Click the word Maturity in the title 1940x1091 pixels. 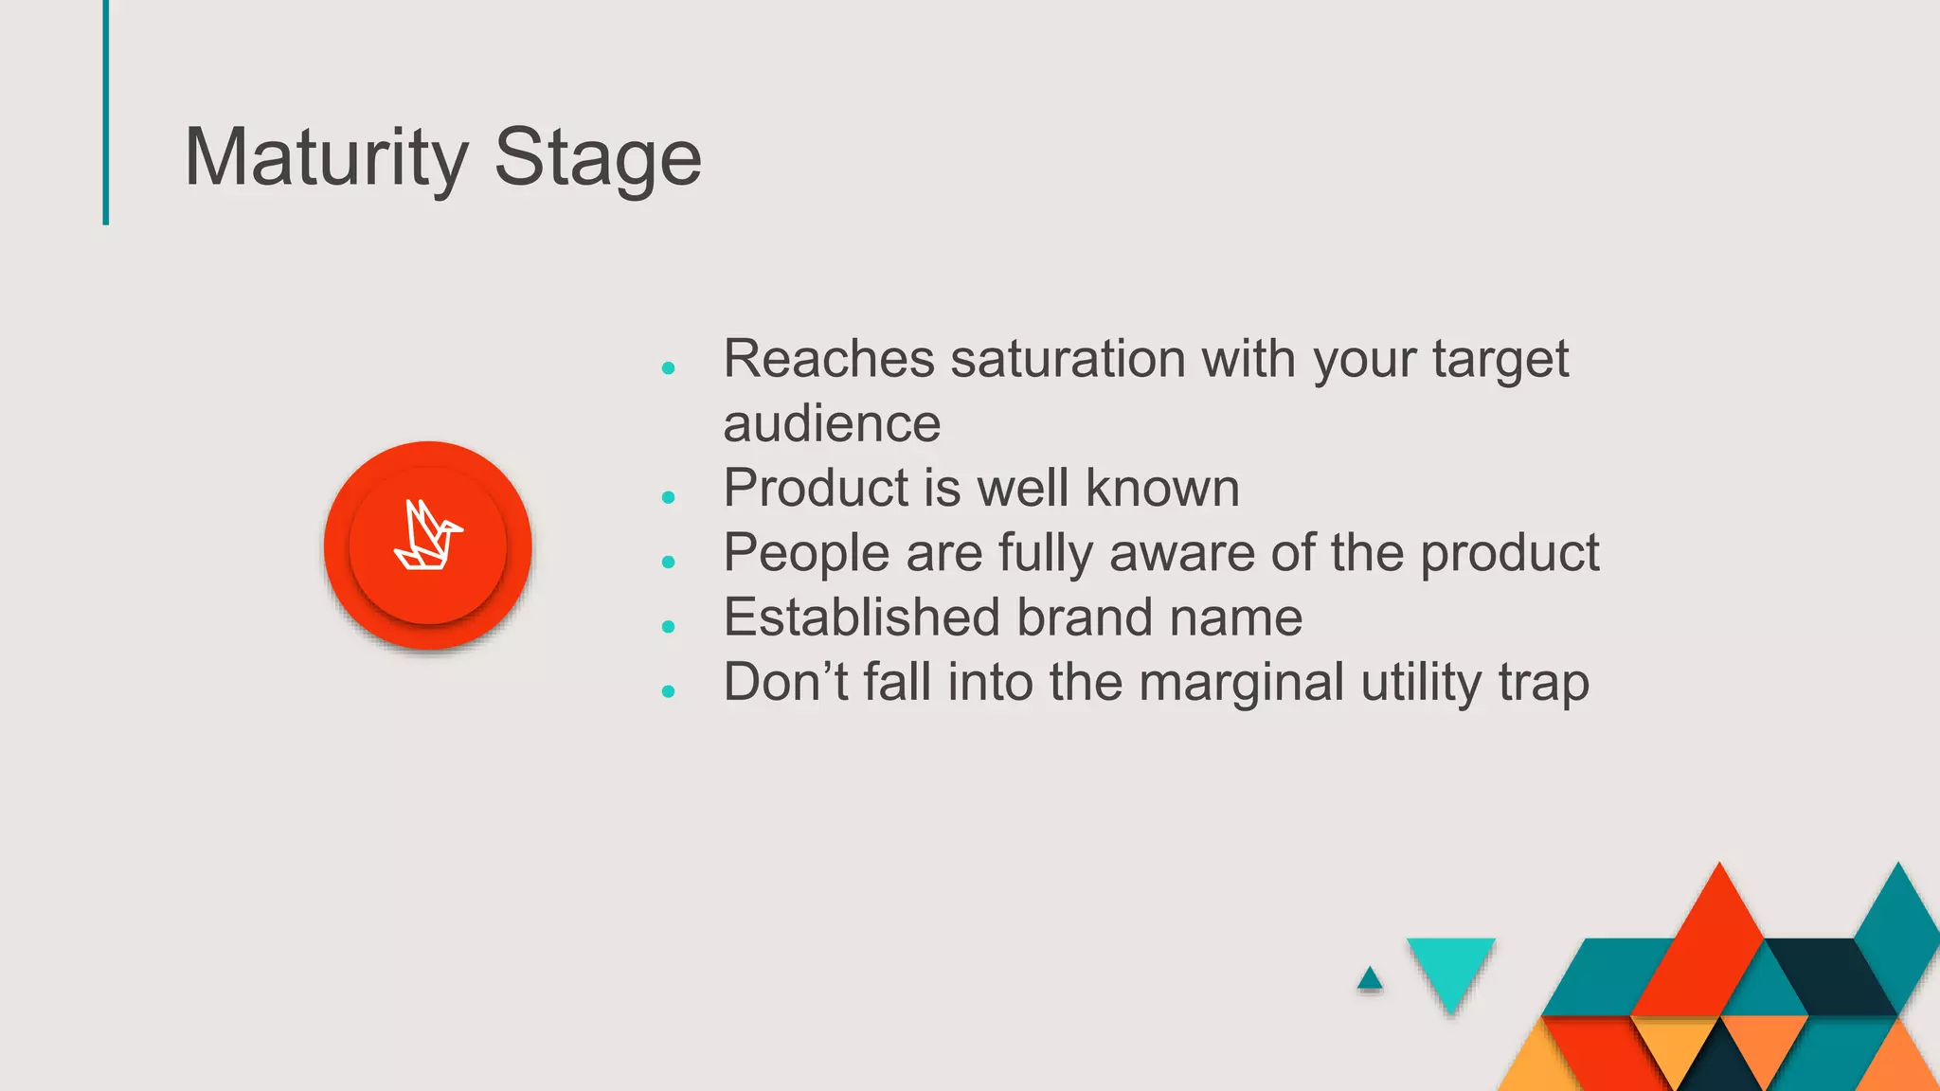pos(326,157)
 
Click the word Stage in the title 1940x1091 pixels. pos(598,157)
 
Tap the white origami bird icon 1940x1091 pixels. pos(428,536)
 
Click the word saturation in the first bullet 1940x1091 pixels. pos(1068,359)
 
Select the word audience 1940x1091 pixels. pos(832,423)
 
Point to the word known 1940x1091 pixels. pos(1162,488)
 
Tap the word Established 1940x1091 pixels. pos(861,617)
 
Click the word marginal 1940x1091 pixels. pos(1241,683)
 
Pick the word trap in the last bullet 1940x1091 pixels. pos(1543,683)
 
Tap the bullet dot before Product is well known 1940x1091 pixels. pos(668,497)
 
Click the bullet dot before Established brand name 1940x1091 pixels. pos(668,627)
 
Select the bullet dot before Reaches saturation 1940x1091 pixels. pos(668,368)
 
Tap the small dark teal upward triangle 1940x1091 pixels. pos(1369,979)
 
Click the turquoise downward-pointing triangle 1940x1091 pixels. pos(1450,966)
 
